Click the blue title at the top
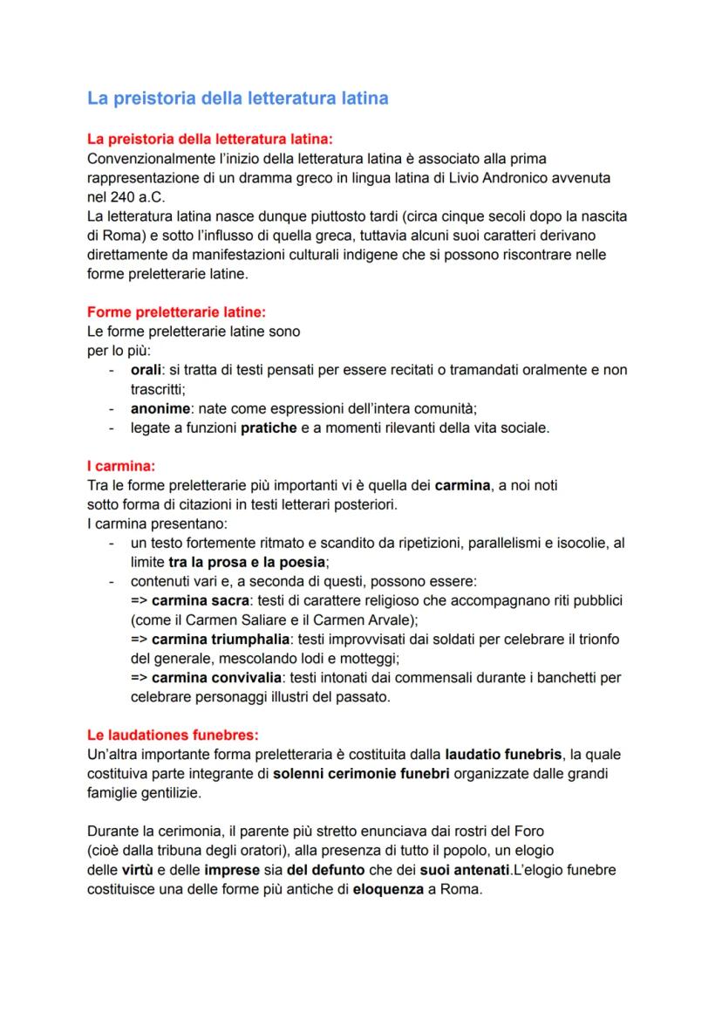pos(237,99)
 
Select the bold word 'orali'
pos(147,370)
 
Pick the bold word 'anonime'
pos(159,408)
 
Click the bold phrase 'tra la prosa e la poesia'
pos(246,562)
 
